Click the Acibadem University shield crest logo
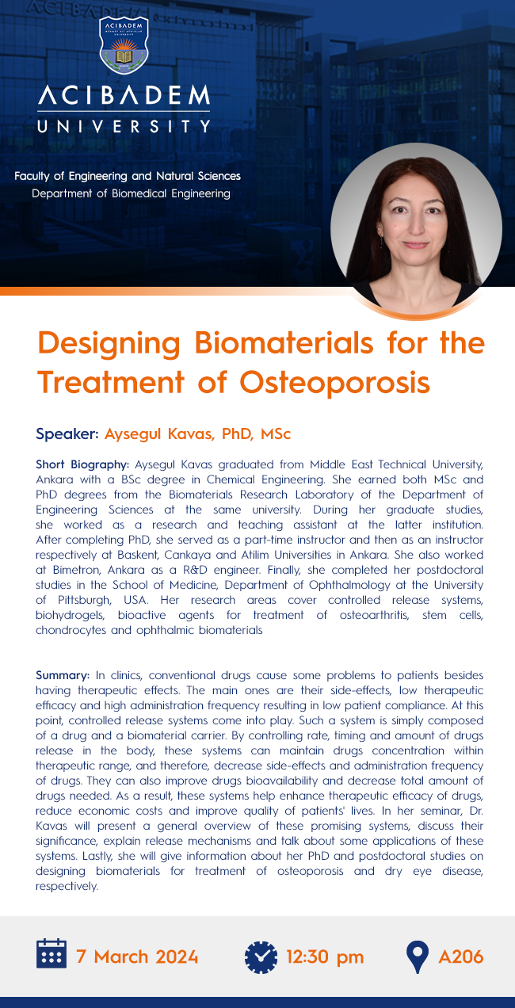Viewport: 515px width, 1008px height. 124,45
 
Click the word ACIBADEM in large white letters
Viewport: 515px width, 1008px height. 124,95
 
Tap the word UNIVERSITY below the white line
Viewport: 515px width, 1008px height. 124,126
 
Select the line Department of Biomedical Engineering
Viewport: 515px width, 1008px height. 131,193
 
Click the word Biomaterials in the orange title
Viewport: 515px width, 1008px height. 284,343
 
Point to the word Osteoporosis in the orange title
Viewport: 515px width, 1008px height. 334,383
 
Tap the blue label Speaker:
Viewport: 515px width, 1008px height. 67,433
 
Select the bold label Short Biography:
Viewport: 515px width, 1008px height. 82,464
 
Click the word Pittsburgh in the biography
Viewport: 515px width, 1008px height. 85,601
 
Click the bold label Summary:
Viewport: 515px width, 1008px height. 63,675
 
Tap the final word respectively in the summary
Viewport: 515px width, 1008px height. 67,887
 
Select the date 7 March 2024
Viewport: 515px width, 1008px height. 137,956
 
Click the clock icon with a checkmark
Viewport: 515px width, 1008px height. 261,957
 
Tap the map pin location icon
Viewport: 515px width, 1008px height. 417,956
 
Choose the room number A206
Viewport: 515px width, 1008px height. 461,956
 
